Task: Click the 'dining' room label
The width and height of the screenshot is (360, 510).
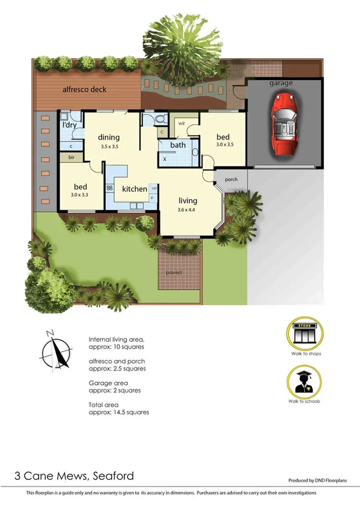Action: coord(109,137)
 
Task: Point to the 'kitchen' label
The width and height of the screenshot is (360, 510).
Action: coord(135,189)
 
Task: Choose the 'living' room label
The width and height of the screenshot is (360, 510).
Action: coord(188,200)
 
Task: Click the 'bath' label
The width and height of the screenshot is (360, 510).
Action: coord(178,145)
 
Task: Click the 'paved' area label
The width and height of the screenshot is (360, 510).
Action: coord(174,272)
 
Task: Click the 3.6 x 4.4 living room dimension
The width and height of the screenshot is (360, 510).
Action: coord(188,209)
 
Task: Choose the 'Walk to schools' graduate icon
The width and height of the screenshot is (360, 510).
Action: coord(304,382)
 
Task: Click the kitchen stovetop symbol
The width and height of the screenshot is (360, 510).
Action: coord(109,188)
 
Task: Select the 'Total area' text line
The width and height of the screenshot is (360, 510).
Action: coord(104,404)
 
